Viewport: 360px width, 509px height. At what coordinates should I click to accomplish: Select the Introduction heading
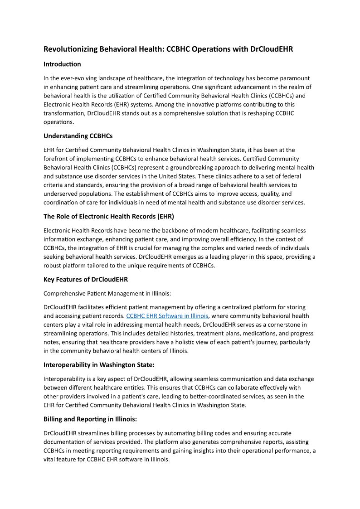pos(62,64)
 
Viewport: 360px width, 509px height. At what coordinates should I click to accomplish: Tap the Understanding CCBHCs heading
pos(78,136)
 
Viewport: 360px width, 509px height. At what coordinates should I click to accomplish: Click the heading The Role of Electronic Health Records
pos(109,216)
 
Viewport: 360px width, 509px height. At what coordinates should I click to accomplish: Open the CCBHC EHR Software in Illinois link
pos(167,316)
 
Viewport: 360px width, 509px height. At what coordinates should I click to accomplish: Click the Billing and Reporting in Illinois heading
pos(90,419)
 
